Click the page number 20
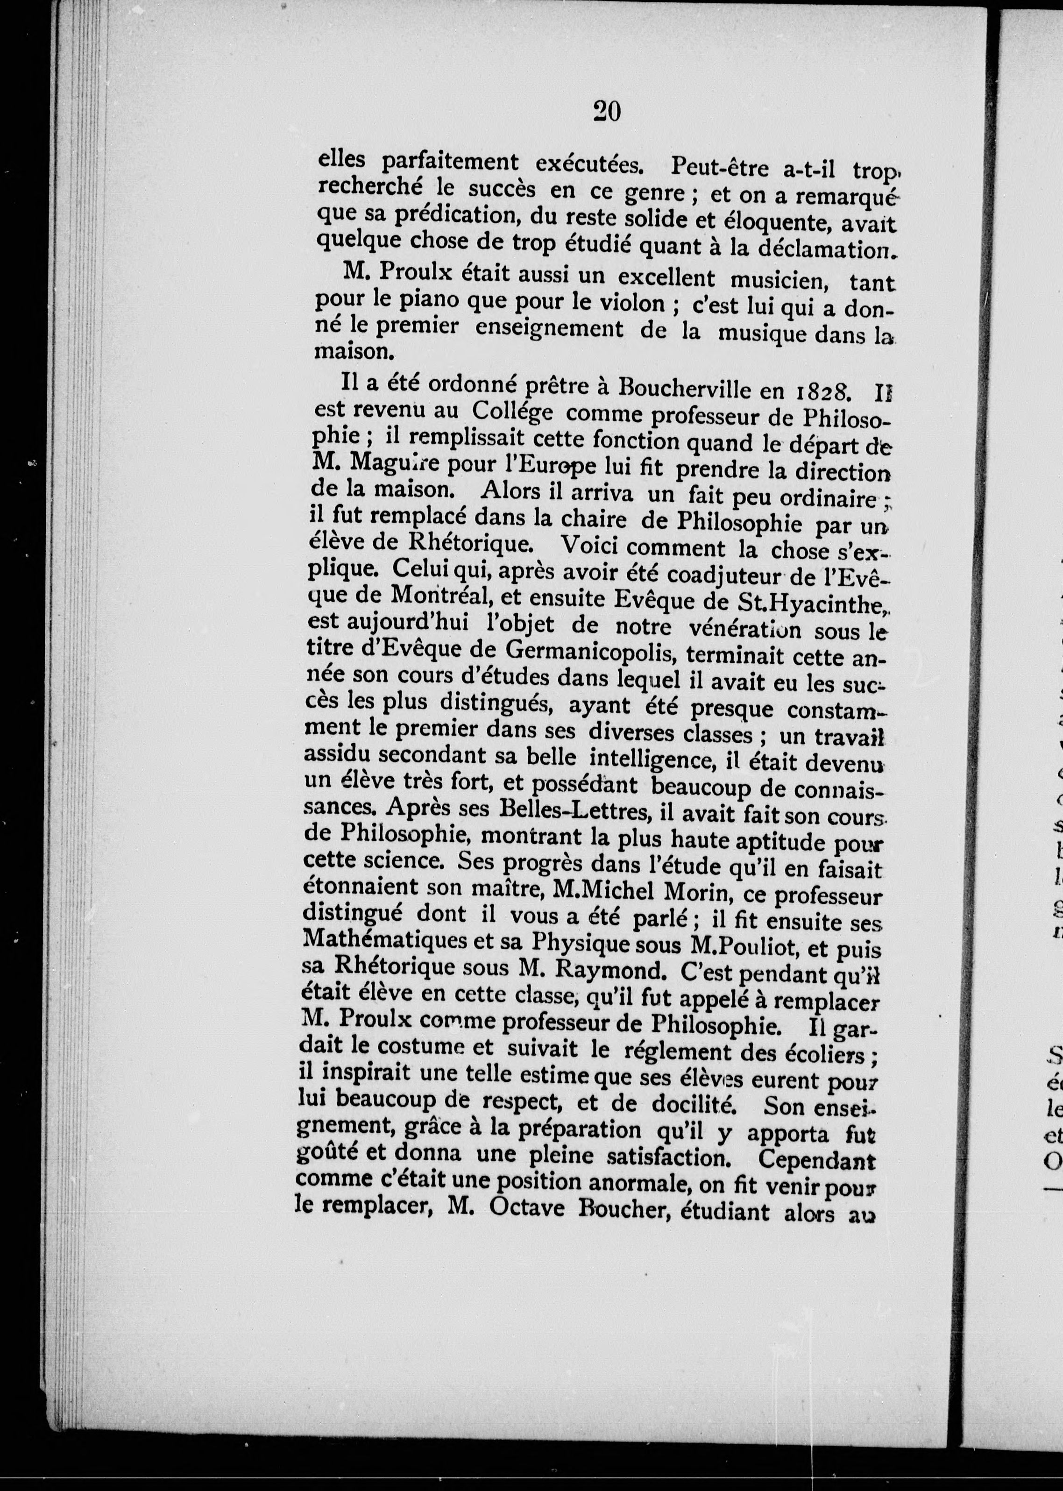(x=606, y=111)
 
